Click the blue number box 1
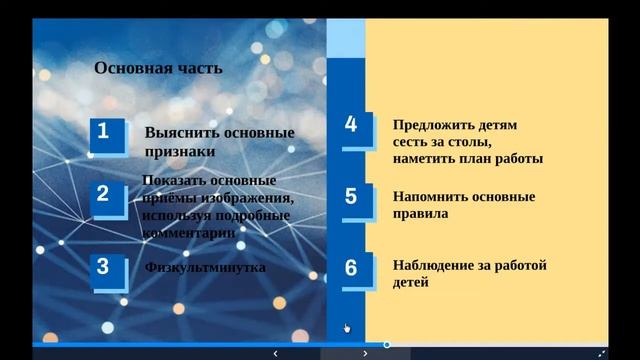105,132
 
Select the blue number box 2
103,193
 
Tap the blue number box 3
103,266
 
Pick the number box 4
351,125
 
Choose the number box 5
351,196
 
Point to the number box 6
351,268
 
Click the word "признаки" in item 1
180,153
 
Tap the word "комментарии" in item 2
189,231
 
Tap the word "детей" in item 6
411,283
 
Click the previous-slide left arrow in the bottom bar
275,353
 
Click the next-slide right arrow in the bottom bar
365,353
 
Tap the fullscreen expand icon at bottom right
601,353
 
